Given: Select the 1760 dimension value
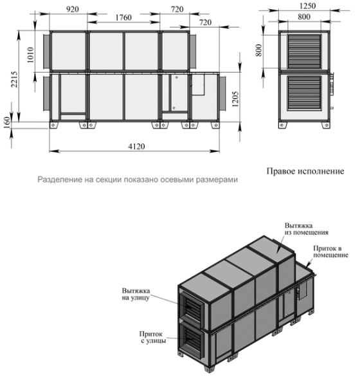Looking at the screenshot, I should [124, 17].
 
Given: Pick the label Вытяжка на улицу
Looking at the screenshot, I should [138, 293].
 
